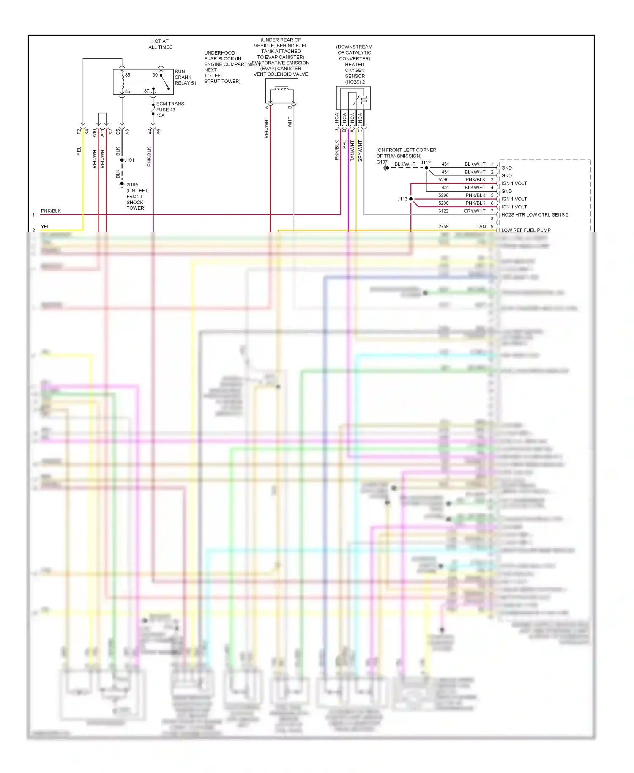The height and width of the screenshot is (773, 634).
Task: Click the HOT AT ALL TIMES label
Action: (x=160, y=44)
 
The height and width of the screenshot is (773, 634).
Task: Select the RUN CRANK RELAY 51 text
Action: (x=185, y=77)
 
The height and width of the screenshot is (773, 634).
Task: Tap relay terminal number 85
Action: (x=127, y=75)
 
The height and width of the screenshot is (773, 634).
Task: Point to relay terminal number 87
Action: (x=146, y=91)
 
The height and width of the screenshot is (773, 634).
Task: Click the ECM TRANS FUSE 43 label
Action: (x=169, y=109)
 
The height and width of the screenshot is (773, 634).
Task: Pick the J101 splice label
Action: (x=129, y=160)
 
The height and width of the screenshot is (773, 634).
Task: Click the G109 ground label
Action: (x=132, y=185)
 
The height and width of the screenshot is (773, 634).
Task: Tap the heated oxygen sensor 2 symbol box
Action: (x=353, y=98)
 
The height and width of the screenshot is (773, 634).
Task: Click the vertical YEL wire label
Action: (x=79, y=151)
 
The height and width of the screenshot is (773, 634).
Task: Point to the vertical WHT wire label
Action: (x=290, y=122)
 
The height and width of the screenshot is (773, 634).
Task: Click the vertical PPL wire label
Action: (x=344, y=145)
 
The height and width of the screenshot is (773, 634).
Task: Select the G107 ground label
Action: (x=381, y=162)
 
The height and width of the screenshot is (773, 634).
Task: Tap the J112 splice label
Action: (x=425, y=162)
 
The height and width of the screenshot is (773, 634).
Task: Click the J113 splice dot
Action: (x=410, y=199)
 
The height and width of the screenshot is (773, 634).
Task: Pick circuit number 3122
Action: (x=443, y=211)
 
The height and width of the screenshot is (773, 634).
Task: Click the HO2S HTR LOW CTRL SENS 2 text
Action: (x=534, y=214)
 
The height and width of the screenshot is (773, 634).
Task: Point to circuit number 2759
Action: (x=443, y=226)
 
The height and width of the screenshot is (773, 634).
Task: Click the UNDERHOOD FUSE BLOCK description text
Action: (x=223, y=67)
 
